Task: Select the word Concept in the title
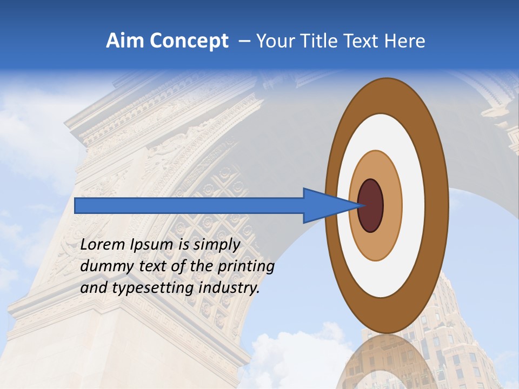coord(188,41)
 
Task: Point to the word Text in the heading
coord(362,41)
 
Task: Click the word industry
coord(229,288)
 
